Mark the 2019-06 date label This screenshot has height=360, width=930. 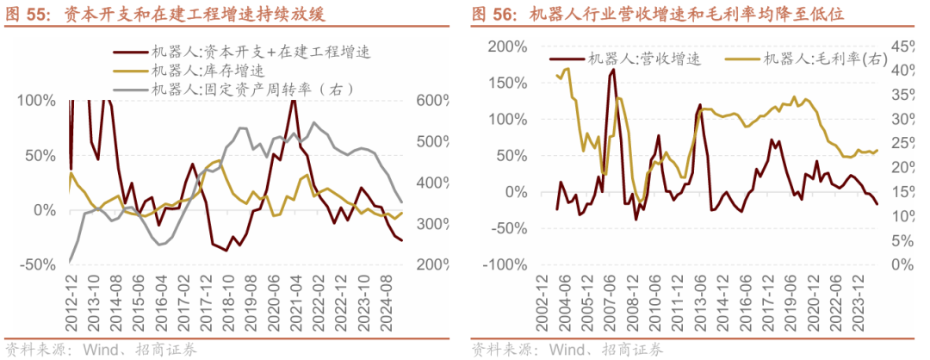[787, 306]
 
